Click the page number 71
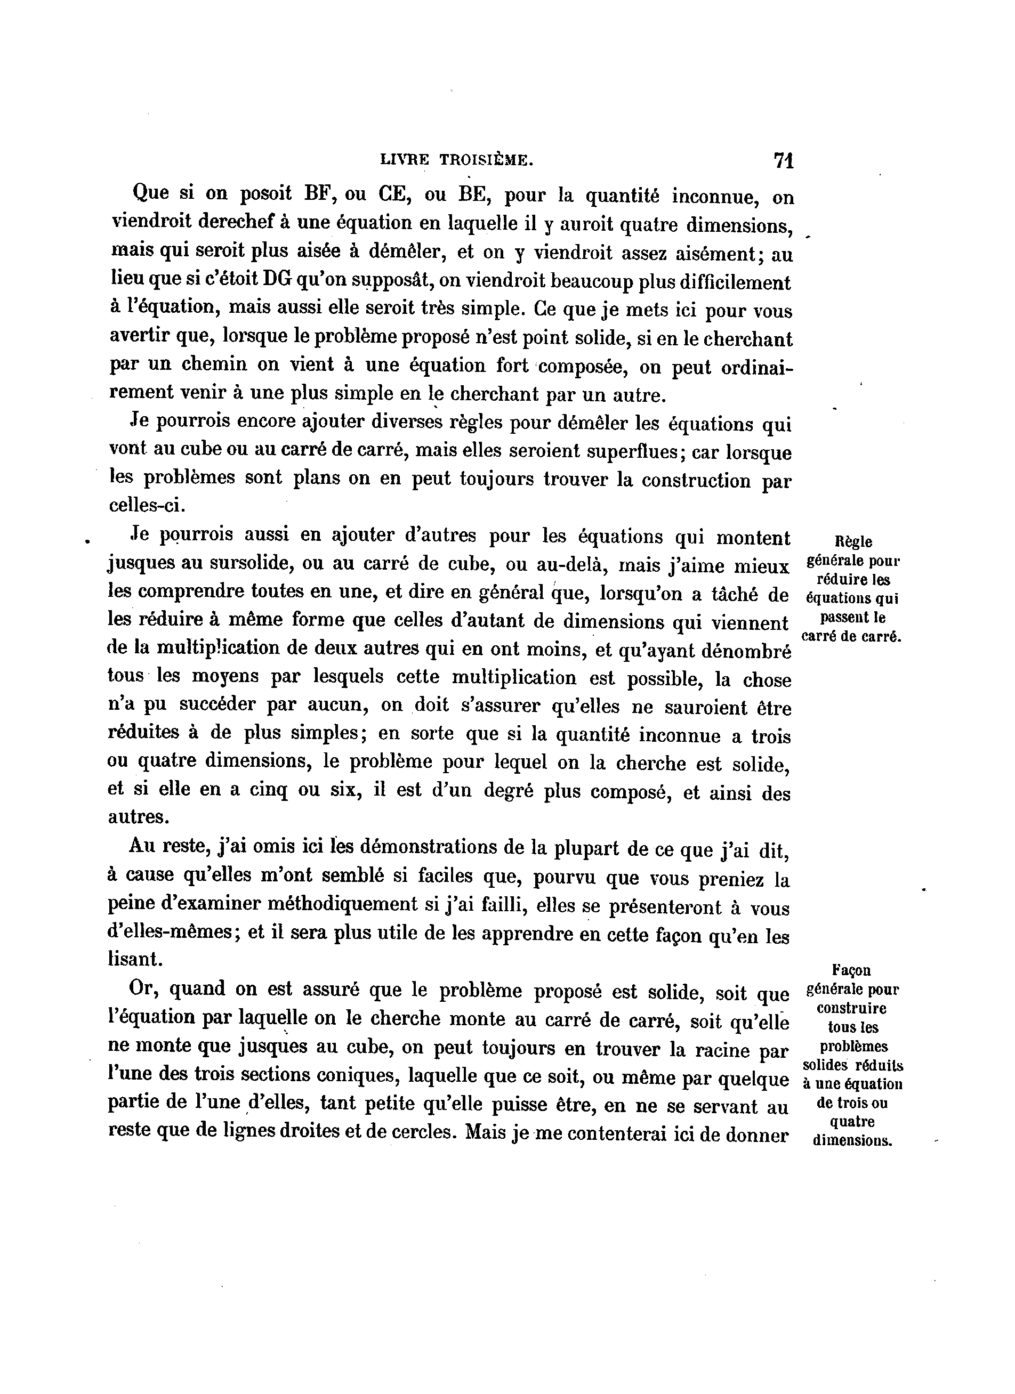[784, 160]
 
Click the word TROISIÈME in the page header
[486, 160]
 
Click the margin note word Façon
[851, 970]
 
